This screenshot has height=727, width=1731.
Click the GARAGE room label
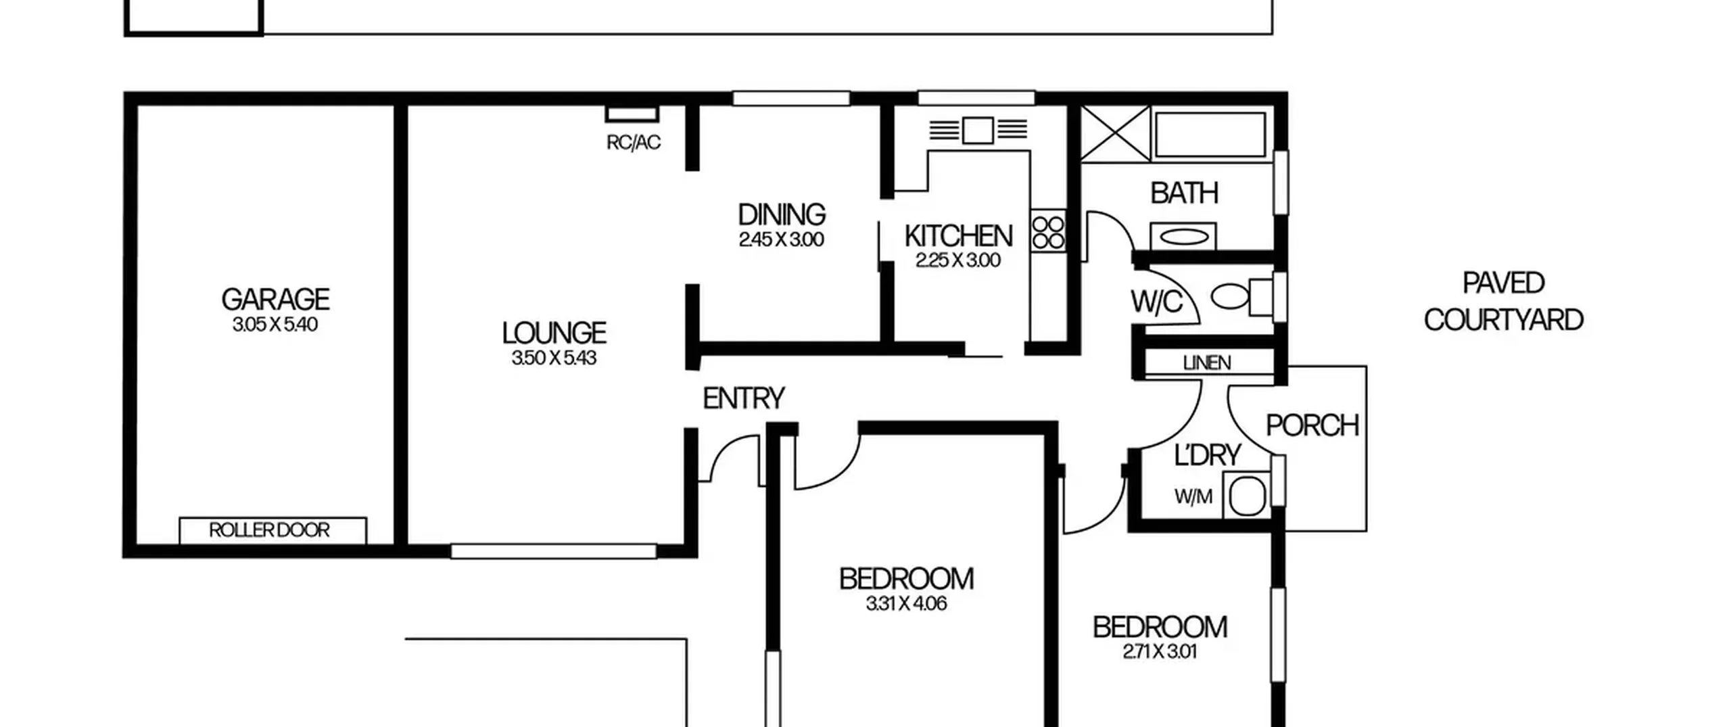[x=275, y=299]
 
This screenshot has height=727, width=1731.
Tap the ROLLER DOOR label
[x=269, y=530]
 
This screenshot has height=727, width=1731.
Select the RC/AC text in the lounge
[x=634, y=143]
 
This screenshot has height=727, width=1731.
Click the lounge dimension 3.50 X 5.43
[x=554, y=358]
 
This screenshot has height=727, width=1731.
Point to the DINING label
[x=782, y=214]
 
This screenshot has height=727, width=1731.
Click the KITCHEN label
[x=958, y=236]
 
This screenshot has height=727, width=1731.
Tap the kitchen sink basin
[x=978, y=130]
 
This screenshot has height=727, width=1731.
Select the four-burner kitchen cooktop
[x=1048, y=231]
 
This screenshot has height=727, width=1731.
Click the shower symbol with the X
[x=1115, y=133]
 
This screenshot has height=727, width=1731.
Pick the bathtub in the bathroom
[x=1210, y=135]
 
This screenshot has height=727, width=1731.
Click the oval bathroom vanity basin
[x=1183, y=237]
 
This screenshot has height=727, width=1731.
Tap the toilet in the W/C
[x=1241, y=296]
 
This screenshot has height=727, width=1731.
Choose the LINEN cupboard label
[x=1207, y=363]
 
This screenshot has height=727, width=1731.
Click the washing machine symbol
[x=1247, y=496]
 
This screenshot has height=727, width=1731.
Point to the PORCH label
[x=1312, y=425]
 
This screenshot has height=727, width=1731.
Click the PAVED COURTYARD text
[x=1504, y=302]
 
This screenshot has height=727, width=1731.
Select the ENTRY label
[x=744, y=398]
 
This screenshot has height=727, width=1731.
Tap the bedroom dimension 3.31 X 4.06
[x=906, y=603]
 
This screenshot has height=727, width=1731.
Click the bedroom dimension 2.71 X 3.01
[x=1160, y=652]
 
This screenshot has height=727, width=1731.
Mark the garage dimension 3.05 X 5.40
[x=275, y=325]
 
